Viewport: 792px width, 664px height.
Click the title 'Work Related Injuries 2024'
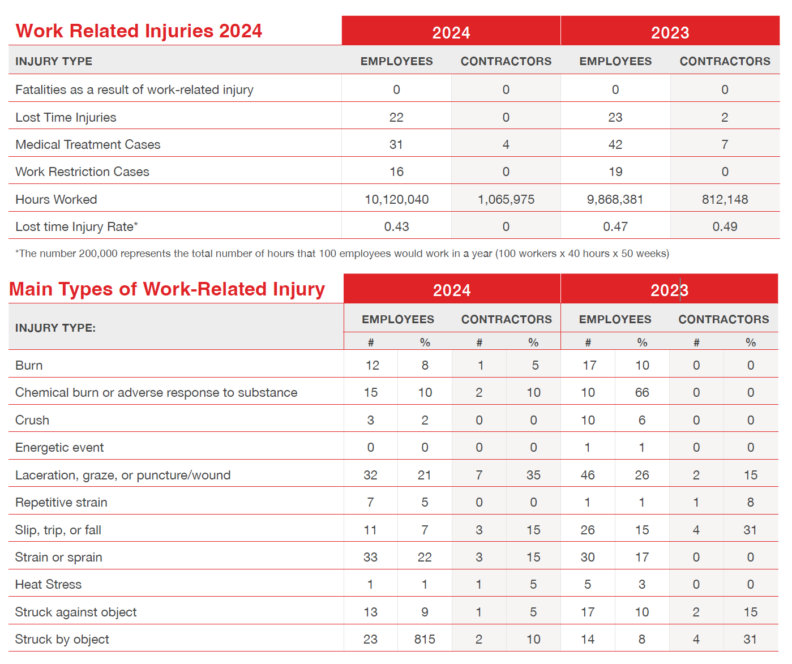point(139,31)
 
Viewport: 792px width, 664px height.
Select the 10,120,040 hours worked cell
point(396,199)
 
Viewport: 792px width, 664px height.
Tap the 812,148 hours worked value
point(725,199)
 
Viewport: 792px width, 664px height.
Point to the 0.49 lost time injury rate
point(725,227)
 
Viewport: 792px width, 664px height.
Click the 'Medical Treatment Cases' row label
point(88,144)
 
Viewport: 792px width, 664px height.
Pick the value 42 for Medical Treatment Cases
point(615,144)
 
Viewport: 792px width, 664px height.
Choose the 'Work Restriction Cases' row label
point(82,172)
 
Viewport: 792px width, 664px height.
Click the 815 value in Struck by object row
point(425,639)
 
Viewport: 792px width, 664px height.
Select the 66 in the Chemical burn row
point(642,392)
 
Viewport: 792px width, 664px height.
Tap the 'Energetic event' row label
point(59,447)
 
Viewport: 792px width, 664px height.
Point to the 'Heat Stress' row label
point(48,584)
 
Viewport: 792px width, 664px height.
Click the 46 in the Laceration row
point(588,475)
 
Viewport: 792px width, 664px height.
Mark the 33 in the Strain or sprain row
point(371,557)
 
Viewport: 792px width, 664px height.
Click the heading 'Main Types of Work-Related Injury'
point(167,289)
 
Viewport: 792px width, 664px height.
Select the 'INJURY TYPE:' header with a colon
point(55,328)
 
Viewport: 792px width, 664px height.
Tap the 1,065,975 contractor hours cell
point(506,199)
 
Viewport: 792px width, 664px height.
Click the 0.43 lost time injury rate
point(396,227)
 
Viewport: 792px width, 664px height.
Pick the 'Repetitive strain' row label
point(61,503)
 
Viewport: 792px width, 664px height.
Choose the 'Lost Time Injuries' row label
point(66,118)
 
